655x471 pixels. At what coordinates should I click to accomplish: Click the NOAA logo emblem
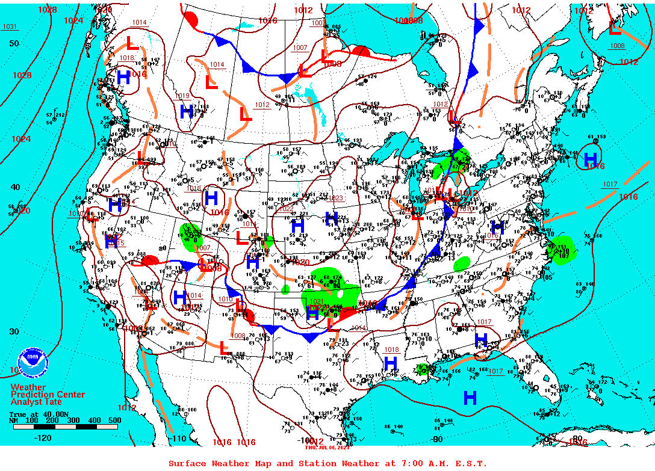click(33, 362)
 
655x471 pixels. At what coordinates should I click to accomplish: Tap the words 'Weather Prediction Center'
click(48, 390)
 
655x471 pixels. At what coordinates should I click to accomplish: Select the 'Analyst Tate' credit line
click(36, 402)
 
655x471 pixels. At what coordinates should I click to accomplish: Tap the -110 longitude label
click(178, 439)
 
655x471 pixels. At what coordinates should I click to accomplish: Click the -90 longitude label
click(437, 439)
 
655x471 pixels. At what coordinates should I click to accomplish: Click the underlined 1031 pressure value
click(10, 26)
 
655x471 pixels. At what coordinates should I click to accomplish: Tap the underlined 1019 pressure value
click(182, 96)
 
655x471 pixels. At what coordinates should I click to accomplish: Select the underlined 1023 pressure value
click(335, 198)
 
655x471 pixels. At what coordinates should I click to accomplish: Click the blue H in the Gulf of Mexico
click(470, 398)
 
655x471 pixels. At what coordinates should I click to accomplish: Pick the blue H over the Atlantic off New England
click(591, 159)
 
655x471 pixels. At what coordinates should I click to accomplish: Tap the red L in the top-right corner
click(614, 28)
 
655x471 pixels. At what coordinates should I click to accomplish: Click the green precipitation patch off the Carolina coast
click(561, 248)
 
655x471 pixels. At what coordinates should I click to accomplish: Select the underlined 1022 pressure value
click(287, 208)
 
